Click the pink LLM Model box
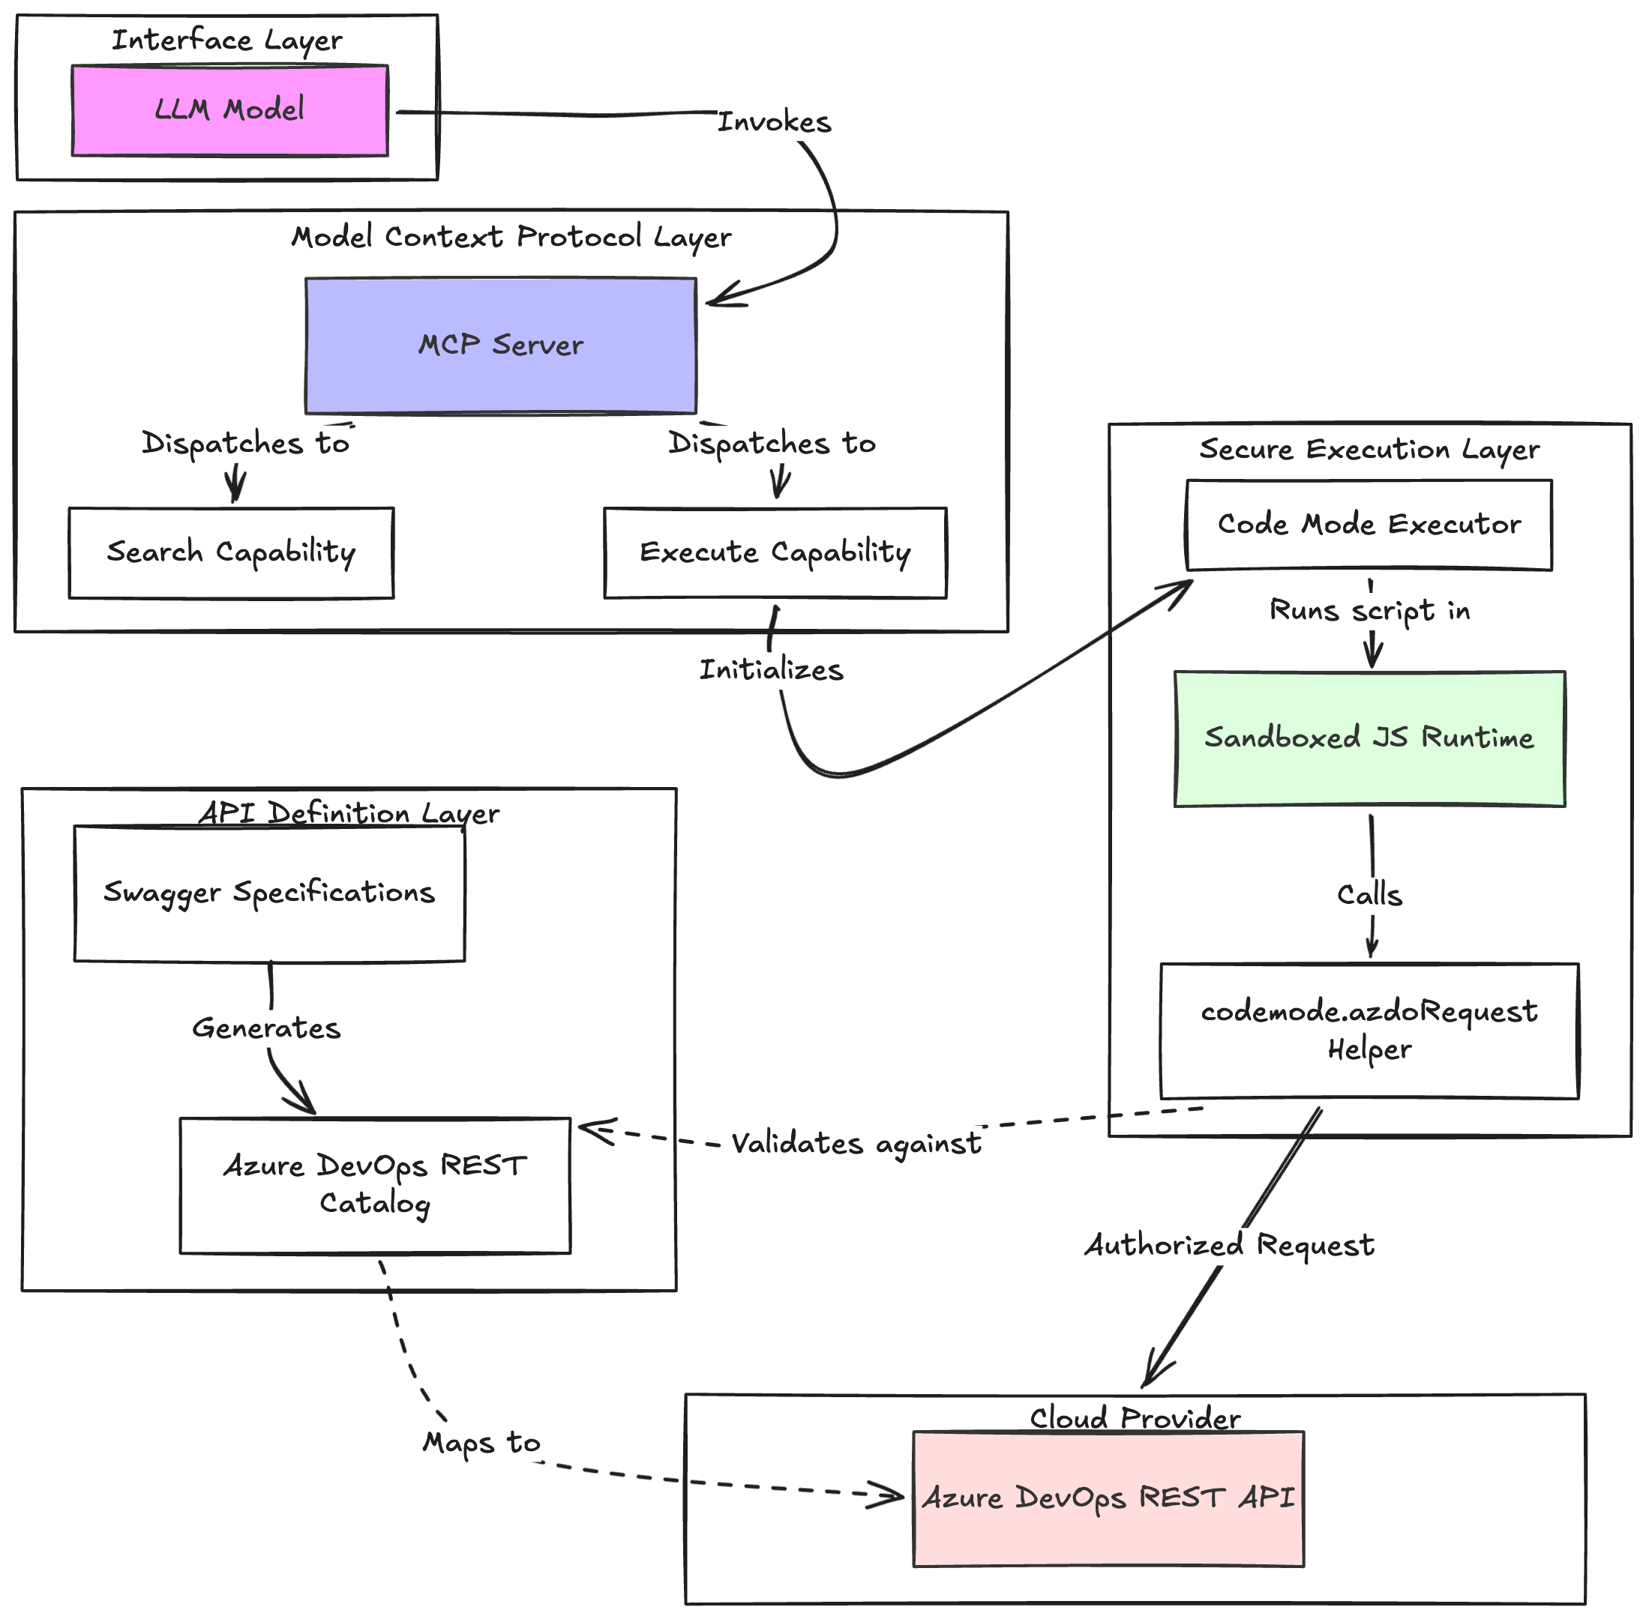pos(229,110)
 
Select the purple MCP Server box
pos(500,346)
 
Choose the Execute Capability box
pos(774,552)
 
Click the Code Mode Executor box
pos(1368,525)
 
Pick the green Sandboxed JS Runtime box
pos(1369,738)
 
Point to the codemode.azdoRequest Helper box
pos(1369,1030)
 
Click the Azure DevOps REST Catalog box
pos(374,1184)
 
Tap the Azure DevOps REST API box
pos(1108,1498)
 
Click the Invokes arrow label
pos(774,122)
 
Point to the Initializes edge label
pos(771,670)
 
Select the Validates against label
pos(856,1144)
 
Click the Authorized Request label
pos(1228,1245)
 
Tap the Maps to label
pos(481,1442)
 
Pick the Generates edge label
pos(266,1028)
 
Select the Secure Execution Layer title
pos(1369,449)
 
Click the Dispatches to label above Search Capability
pos(245,444)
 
